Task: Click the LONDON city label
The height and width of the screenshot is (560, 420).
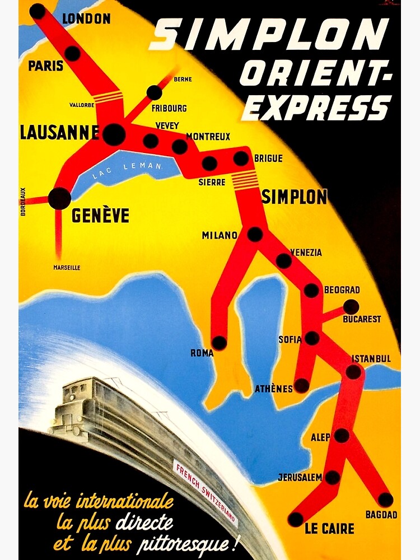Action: [86, 18]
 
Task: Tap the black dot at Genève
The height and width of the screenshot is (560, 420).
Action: [59, 198]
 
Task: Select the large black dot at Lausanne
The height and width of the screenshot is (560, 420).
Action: [114, 134]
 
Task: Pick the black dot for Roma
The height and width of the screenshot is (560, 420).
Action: [220, 343]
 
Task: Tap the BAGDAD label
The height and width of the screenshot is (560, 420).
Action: [381, 515]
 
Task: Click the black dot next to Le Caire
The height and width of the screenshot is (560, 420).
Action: [296, 519]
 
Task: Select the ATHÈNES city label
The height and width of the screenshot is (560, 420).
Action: [274, 389]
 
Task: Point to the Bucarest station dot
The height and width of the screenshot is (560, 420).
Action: [351, 307]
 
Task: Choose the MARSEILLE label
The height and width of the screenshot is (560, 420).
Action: [67, 268]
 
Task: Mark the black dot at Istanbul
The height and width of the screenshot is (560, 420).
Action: [353, 372]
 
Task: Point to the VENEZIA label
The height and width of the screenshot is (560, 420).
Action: [306, 253]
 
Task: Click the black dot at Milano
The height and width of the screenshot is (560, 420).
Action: [255, 234]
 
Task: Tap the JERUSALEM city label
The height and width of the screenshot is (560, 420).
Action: [300, 478]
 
